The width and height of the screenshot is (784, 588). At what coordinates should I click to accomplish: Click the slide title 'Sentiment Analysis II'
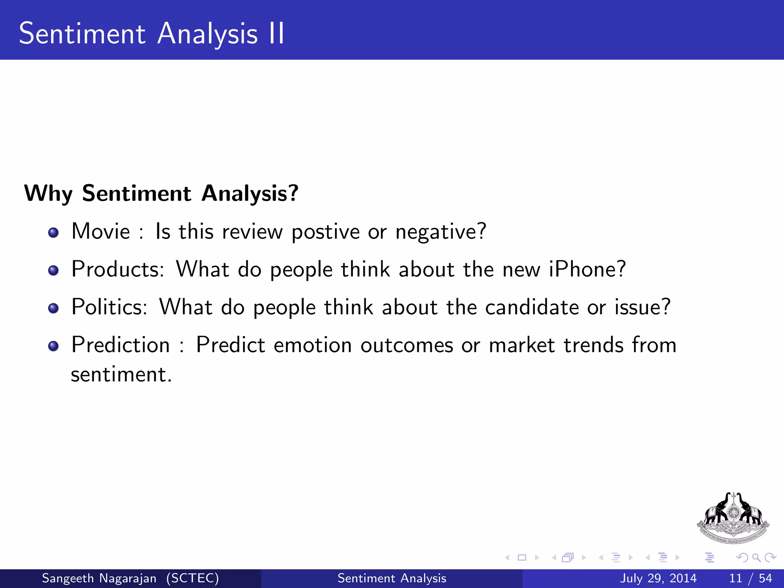[x=152, y=34]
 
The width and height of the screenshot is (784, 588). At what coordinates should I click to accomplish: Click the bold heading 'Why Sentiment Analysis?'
[x=161, y=193]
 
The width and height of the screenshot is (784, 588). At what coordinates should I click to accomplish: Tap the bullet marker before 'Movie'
[x=54, y=233]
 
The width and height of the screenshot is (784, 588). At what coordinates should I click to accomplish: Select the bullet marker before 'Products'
[x=54, y=271]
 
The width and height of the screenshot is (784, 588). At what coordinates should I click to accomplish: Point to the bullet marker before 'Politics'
[x=54, y=308]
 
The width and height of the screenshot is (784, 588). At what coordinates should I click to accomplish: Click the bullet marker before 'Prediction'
[x=54, y=346]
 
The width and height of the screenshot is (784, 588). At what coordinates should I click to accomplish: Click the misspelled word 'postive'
[x=325, y=232]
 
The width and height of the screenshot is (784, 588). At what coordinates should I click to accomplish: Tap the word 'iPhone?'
[x=587, y=269]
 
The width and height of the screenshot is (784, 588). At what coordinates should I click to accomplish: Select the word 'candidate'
[x=532, y=307]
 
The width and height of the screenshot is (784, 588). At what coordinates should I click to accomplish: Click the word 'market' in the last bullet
[x=522, y=345]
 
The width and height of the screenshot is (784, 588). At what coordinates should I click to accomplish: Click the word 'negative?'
[x=441, y=232]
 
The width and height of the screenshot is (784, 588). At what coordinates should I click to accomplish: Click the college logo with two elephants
[x=733, y=518]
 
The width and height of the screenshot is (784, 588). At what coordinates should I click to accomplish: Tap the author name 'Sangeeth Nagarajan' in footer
[x=99, y=578]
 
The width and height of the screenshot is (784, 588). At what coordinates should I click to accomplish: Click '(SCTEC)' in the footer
[x=193, y=578]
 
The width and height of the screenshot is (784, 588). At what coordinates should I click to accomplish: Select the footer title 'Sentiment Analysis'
[x=392, y=578]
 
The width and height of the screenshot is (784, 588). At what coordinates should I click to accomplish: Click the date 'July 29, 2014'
[x=658, y=578]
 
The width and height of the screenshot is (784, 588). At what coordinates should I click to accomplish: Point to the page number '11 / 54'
[x=750, y=578]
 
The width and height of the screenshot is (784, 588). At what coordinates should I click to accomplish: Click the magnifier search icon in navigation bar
[x=756, y=557]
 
